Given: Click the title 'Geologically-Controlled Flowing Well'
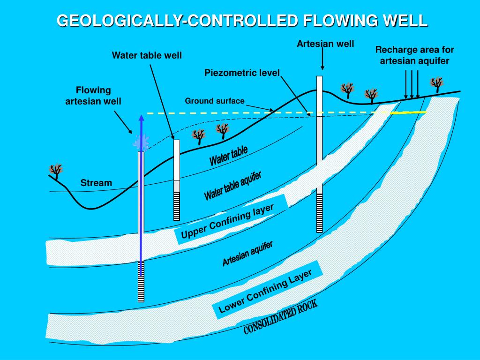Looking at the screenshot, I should tap(242, 21).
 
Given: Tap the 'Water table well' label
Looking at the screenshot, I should tap(147, 56).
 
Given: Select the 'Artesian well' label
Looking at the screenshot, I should tap(325, 44).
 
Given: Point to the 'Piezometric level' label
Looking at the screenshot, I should tap(242, 73).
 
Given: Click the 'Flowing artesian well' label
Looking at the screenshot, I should tap(93, 95).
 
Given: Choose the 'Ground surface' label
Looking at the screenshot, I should tap(215, 101).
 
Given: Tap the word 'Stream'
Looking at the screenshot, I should tap(96, 183).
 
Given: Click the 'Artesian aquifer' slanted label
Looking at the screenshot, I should tap(247, 254).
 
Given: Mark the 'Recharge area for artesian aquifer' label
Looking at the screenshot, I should tap(414, 55).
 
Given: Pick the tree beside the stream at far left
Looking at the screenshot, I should tap(56, 171).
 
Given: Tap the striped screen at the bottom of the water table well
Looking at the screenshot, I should tap(177, 206).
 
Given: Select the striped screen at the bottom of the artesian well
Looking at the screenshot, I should tap(320, 213).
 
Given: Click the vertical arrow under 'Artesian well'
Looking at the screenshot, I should tap(322, 60).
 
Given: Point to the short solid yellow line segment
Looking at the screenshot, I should tap(408, 113).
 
